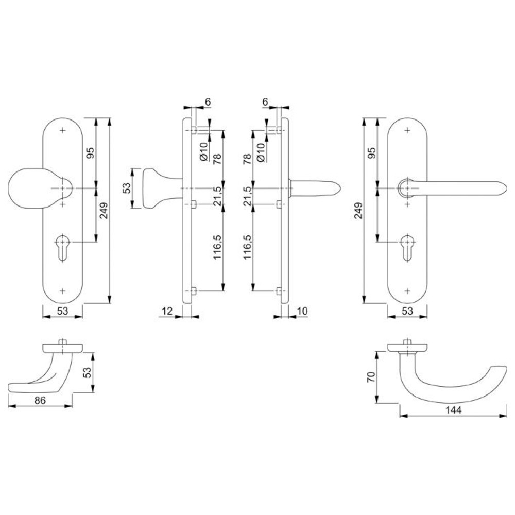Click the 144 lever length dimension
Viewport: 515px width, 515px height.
(453, 410)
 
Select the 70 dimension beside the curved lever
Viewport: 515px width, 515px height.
(371, 377)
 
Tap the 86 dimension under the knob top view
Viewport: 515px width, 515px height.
(40, 400)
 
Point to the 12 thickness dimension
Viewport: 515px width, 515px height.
(167, 311)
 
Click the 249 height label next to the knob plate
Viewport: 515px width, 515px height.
(104, 211)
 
